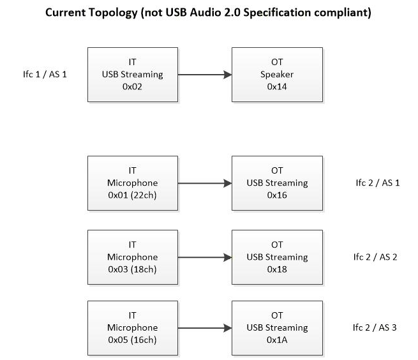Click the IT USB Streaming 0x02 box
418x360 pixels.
pyautogui.click(x=132, y=73)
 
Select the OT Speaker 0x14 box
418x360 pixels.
pyautogui.click(x=277, y=73)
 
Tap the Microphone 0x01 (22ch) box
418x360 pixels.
pyautogui.click(x=132, y=183)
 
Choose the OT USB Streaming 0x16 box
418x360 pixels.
pyautogui.click(x=277, y=183)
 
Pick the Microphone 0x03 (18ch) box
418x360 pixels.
pyautogui.click(x=132, y=257)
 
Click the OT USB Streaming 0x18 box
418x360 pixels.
pyautogui.click(x=277, y=257)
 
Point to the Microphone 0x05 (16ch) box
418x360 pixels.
pyautogui.click(x=132, y=327)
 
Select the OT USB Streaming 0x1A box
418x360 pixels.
pyautogui.click(x=277, y=327)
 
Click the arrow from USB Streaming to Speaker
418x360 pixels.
pyautogui.click(x=204, y=74)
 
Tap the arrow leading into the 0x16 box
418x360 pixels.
pyautogui.click(x=204, y=183)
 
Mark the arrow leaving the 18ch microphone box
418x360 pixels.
pyautogui.click(x=204, y=258)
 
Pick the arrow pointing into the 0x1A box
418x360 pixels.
pyautogui.click(x=204, y=328)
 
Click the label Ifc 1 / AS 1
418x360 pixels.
pyautogui.click(x=45, y=74)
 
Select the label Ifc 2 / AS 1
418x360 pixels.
pyautogui.click(x=377, y=183)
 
